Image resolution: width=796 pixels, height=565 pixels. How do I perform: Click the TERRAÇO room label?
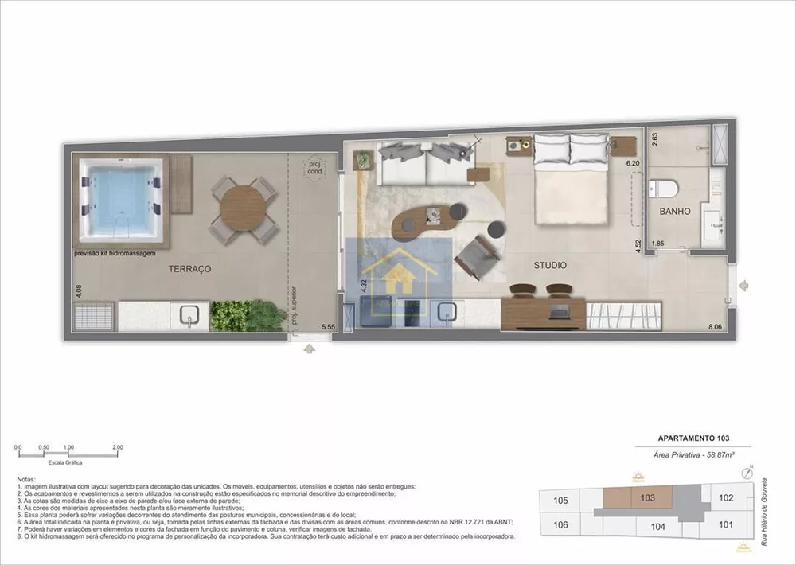[x=189, y=270]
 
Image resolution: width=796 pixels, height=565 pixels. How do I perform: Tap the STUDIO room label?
[x=550, y=265]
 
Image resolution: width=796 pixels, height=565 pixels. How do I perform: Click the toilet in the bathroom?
[x=663, y=189]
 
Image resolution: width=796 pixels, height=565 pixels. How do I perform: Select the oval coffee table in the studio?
[x=428, y=220]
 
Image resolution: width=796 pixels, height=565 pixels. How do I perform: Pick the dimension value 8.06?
[x=716, y=326]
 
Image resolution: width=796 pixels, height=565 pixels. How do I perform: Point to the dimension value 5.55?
[x=328, y=326]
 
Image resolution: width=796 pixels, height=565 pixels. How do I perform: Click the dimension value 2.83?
[x=655, y=138]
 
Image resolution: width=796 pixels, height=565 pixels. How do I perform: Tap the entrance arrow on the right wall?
[x=743, y=285]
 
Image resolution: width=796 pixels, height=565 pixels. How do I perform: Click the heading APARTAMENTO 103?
[x=693, y=438]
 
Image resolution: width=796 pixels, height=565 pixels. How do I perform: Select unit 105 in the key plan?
[x=560, y=501]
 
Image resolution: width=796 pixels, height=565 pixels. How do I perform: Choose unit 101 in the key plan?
[x=724, y=524]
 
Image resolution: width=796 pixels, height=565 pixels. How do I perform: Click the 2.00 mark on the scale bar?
[x=118, y=448]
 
